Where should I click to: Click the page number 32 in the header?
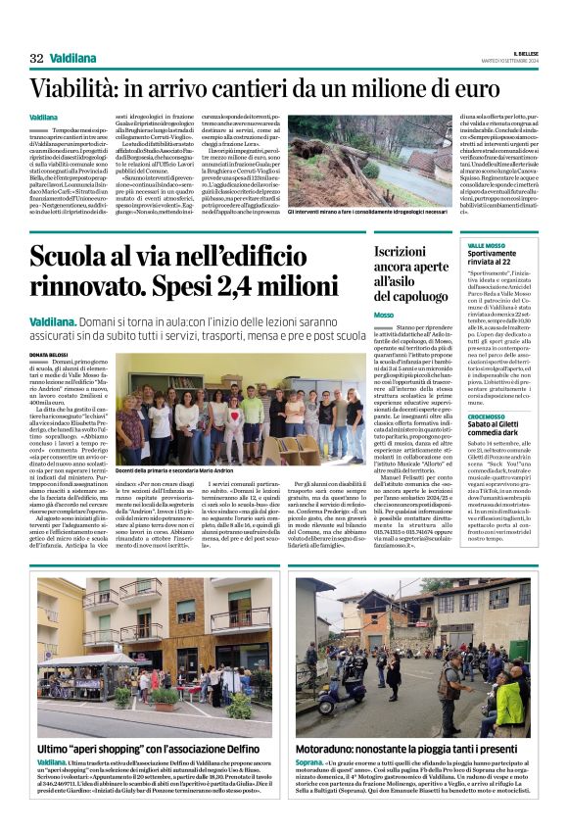pyautogui.click(x=36, y=58)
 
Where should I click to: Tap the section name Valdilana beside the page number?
pyautogui.click(x=72, y=58)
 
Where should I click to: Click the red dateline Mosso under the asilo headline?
pyautogui.click(x=384, y=315)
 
